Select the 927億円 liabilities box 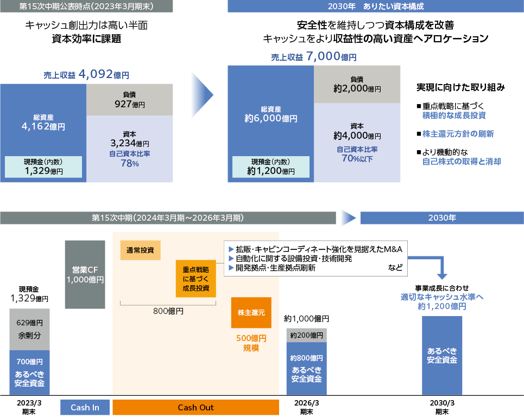(x=130, y=99)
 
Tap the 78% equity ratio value (x=130, y=164)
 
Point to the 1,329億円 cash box (x=43, y=167)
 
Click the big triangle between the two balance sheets (x=202, y=95)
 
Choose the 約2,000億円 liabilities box (x=357, y=84)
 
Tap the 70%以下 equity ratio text (x=357, y=159)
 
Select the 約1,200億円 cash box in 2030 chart (x=271, y=167)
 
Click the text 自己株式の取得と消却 (x=462, y=162)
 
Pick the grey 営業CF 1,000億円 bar (x=85, y=274)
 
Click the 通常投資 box (x=140, y=250)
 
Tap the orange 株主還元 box (x=251, y=313)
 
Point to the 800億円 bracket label (x=168, y=311)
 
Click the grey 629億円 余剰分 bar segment (x=29, y=329)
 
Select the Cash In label (x=85, y=408)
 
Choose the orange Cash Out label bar (x=195, y=408)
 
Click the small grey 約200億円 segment (x=306, y=335)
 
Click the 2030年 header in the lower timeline (x=441, y=218)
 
